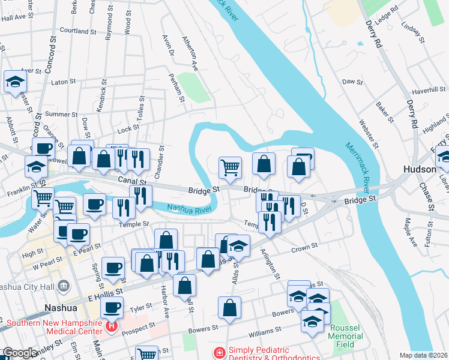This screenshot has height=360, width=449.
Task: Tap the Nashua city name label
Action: pos(61,308)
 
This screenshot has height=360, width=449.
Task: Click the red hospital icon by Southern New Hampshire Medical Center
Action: pos(110,327)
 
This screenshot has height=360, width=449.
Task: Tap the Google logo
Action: pos(20,353)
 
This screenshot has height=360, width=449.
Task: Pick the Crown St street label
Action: pos(303,249)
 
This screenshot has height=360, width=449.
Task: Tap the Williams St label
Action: pos(265,331)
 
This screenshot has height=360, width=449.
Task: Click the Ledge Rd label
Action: pos(390,11)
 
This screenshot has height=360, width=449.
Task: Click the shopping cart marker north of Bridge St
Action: pos(230,167)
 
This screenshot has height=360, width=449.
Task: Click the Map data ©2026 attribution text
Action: pos(423,355)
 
